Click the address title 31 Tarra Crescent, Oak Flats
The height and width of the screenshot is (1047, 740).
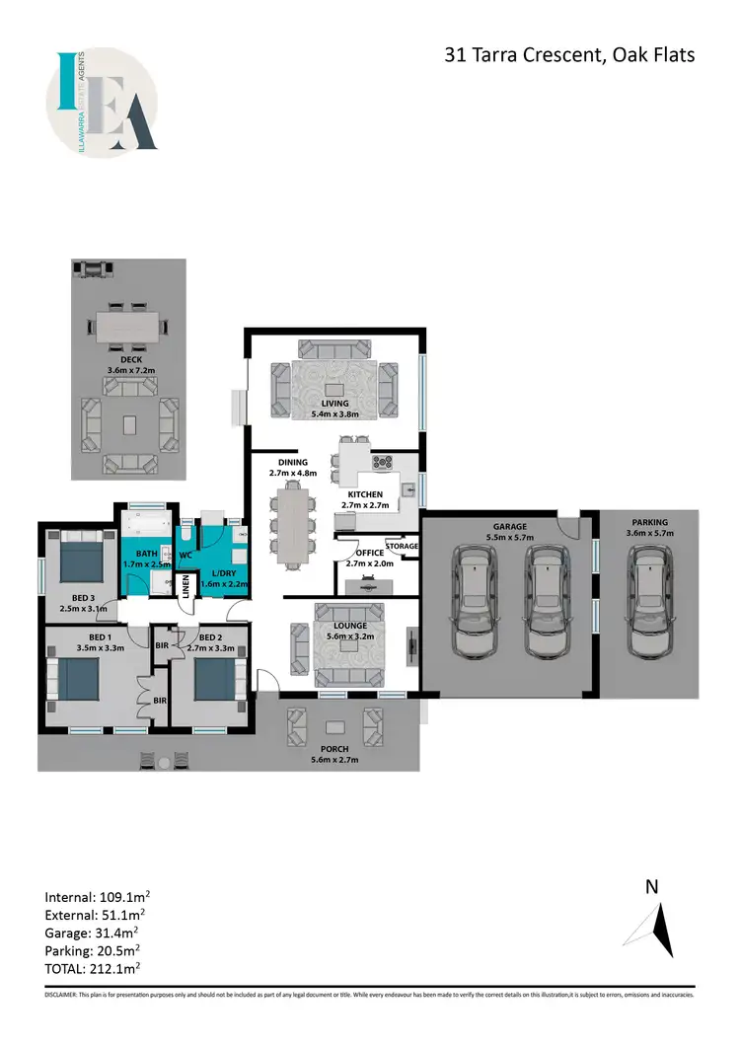click(569, 54)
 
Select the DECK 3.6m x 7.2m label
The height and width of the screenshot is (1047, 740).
click(124, 365)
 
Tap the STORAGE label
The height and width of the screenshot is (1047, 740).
click(402, 546)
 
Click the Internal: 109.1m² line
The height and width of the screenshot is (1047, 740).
click(97, 897)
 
